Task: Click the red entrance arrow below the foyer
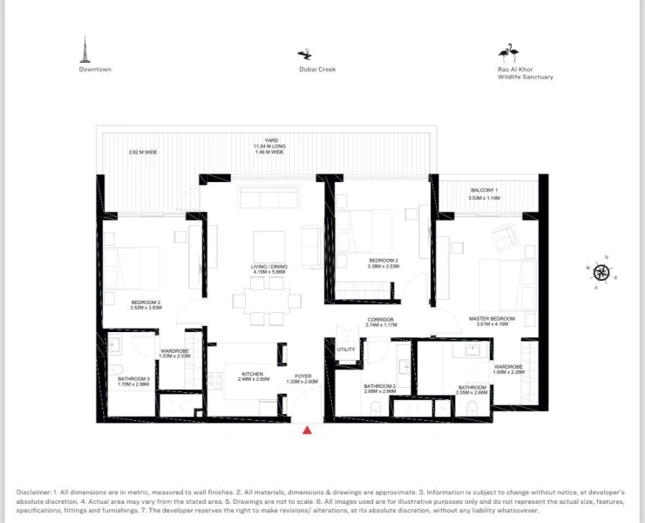pyautogui.click(x=307, y=430)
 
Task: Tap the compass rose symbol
pyautogui.click(x=601, y=271)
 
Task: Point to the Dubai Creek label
pyautogui.click(x=317, y=69)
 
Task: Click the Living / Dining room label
pyautogui.click(x=270, y=268)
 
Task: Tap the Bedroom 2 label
pyautogui.click(x=384, y=261)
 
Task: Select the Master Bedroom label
pyautogui.click(x=492, y=319)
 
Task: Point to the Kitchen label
pyautogui.click(x=252, y=374)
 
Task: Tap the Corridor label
pyautogui.click(x=381, y=320)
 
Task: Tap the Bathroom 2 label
pyautogui.click(x=380, y=386)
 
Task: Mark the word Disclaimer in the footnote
pyautogui.click(x=33, y=492)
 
